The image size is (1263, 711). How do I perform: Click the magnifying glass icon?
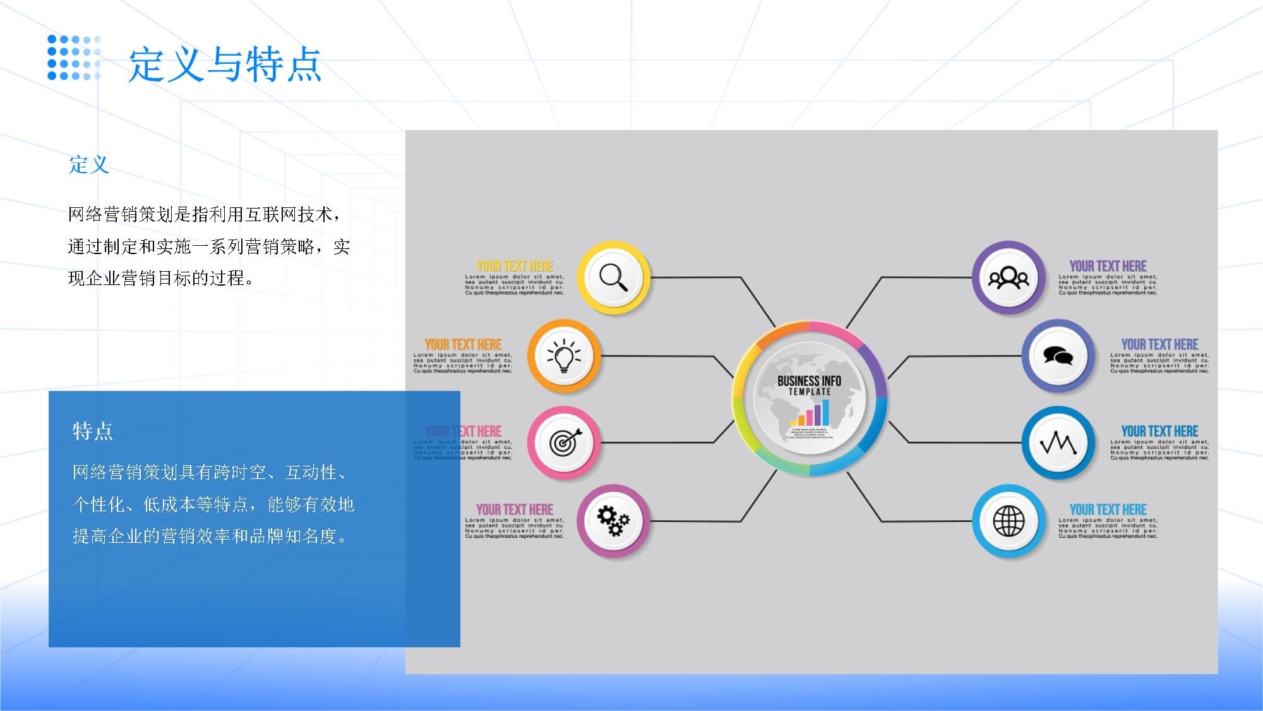pyautogui.click(x=613, y=277)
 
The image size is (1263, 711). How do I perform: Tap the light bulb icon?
pyautogui.click(x=563, y=356)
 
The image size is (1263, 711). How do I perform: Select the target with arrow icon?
pyautogui.click(x=563, y=442)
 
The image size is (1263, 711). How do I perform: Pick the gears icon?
pyautogui.click(x=613, y=521)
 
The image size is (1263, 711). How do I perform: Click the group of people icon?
pyautogui.click(x=1008, y=277)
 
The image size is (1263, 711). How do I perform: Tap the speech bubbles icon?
pyautogui.click(x=1058, y=356)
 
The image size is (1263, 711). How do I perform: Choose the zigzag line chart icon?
pyautogui.click(x=1058, y=442)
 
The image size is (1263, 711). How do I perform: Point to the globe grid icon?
pyautogui.click(x=1009, y=521)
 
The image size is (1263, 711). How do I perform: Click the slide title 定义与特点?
pyautogui.click(x=225, y=64)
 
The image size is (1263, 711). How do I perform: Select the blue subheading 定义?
pyautogui.click(x=89, y=165)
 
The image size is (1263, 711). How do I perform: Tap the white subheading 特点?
pyautogui.click(x=92, y=431)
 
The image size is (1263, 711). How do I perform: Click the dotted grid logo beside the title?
pyautogui.click(x=74, y=58)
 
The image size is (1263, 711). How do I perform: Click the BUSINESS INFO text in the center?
pyautogui.click(x=809, y=380)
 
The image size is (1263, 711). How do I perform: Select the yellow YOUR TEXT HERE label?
pyautogui.click(x=515, y=266)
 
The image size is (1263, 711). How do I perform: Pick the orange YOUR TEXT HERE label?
pyautogui.click(x=463, y=344)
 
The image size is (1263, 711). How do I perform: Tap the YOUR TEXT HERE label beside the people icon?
pyautogui.click(x=1108, y=266)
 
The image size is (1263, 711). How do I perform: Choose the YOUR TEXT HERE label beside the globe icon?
pyautogui.click(x=1108, y=509)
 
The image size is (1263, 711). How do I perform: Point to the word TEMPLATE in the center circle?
pyautogui.click(x=810, y=392)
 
